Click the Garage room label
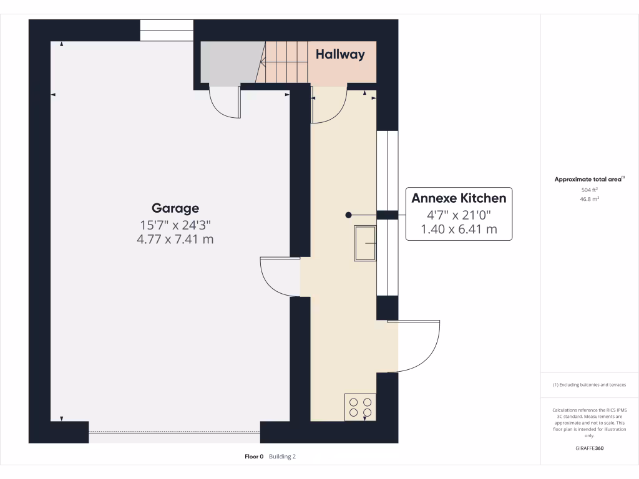click(175, 208)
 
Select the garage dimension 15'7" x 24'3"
click(175, 224)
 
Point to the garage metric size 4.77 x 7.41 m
click(175, 239)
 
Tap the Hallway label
click(340, 54)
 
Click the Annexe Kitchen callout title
click(459, 198)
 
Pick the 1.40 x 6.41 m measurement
click(459, 229)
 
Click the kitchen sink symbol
click(365, 243)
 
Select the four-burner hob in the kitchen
click(360, 407)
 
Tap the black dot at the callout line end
click(349, 215)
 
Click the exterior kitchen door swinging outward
click(415, 346)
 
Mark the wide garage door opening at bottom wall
click(175, 431)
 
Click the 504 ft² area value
click(590, 190)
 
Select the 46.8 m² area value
click(590, 199)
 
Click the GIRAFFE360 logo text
click(590, 448)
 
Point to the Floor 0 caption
click(255, 457)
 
